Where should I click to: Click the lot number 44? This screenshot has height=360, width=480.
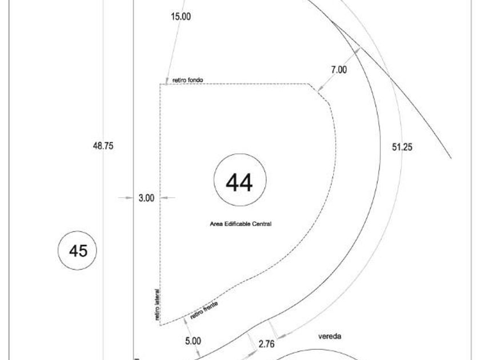point(239,182)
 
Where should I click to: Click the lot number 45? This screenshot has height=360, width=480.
point(78,251)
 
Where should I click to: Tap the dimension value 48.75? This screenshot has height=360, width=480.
point(103,146)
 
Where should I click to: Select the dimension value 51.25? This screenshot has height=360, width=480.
point(402,147)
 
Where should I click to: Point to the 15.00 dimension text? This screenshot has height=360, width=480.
point(181,16)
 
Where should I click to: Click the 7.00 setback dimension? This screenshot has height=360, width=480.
point(339,70)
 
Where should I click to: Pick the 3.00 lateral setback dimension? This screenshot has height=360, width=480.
point(146,198)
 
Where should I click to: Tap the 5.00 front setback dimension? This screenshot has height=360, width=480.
point(193,341)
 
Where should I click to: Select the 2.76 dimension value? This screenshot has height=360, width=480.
point(266,344)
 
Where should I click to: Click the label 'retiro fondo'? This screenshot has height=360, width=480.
point(187,80)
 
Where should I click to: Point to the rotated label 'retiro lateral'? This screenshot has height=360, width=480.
point(157,305)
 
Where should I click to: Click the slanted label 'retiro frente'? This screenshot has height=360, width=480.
point(204,310)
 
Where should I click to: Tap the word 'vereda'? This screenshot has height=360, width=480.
point(330,337)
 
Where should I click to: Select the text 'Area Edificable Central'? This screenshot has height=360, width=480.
point(241,224)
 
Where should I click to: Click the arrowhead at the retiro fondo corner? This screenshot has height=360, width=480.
point(167,81)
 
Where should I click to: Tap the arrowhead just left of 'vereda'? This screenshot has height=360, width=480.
point(282,337)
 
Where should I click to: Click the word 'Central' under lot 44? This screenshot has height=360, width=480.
point(262,224)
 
